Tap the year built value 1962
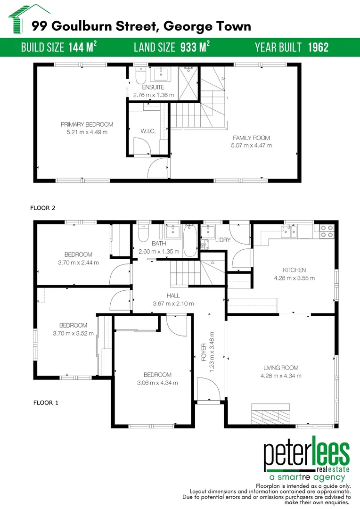(318, 47)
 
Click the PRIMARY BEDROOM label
(87, 124)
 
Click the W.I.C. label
(148, 131)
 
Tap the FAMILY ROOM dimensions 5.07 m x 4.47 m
(251, 145)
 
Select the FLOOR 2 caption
(43, 207)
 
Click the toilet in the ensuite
(140, 75)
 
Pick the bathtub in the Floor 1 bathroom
(190, 240)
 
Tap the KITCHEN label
(294, 270)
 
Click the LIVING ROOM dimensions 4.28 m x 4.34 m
(280, 376)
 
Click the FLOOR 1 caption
(46, 403)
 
